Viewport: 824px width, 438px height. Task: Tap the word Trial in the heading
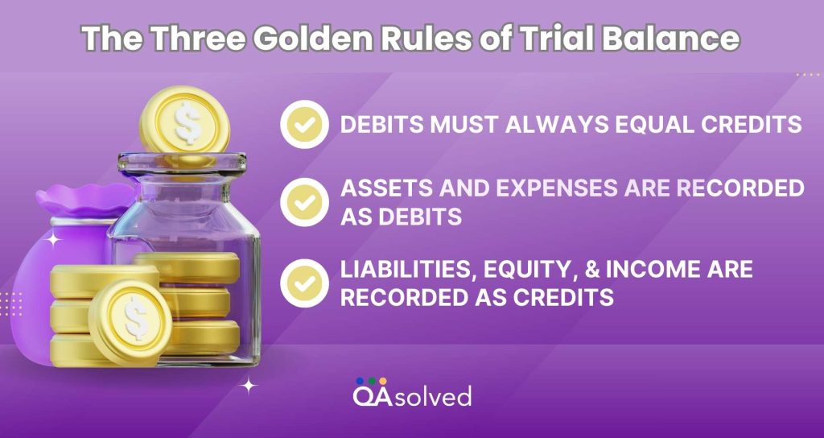coord(556,39)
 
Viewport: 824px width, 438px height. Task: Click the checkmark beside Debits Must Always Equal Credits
coord(304,125)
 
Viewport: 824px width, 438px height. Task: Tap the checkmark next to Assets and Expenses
coord(304,202)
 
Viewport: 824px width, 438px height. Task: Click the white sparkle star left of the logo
coord(249,386)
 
